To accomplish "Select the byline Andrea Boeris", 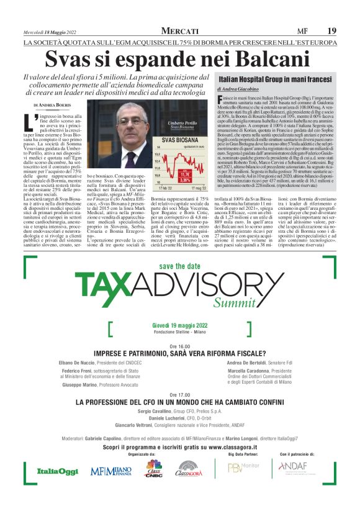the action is (x=55, y=106).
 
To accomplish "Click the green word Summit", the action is (x=233, y=303).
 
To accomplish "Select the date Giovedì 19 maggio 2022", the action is (x=179, y=325).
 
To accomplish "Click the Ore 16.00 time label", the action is (x=179, y=345).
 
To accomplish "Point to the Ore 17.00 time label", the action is (x=179, y=395).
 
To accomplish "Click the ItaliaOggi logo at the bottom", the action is (x=57, y=471).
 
